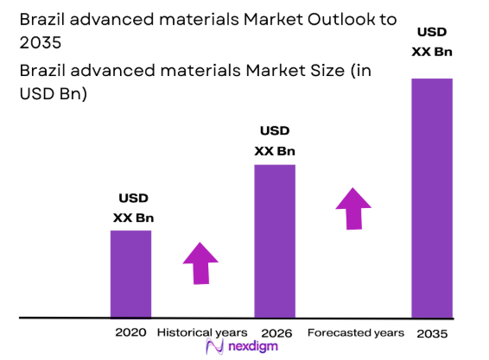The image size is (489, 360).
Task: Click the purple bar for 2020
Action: (x=130, y=274)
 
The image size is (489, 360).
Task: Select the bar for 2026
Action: (x=275, y=241)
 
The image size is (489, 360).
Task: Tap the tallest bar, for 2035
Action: (x=432, y=198)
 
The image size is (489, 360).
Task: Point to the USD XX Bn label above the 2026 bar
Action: (x=275, y=141)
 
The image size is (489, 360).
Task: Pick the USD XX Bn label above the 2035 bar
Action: (x=432, y=41)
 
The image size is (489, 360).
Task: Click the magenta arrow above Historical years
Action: (x=200, y=262)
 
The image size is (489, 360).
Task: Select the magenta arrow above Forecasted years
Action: (x=352, y=207)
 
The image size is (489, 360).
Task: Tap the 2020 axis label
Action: (x=130, y=332)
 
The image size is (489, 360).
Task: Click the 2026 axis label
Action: (x=275, y=332)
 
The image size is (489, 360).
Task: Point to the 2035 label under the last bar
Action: (x=432, y=332)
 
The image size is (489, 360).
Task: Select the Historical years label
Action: (x=201, y=332)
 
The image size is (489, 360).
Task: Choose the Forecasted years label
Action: (x=355, y=332)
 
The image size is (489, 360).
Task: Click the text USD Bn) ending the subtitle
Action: (x=53, y=93)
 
